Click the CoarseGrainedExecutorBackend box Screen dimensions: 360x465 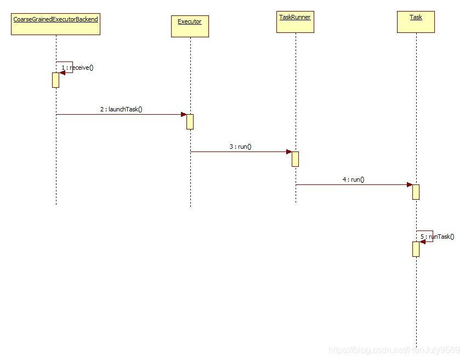55,25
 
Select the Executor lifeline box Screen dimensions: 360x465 190,26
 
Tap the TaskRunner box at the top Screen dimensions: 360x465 295,22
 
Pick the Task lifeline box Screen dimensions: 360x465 416,22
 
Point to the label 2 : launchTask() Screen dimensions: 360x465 121,109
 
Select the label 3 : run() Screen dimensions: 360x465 241,147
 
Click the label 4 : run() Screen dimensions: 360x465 354,179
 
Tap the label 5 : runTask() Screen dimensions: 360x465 438,237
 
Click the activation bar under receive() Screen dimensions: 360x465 55,80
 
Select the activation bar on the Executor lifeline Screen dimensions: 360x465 190,121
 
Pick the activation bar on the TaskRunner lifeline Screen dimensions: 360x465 295,159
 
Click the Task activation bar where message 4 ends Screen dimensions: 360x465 416,192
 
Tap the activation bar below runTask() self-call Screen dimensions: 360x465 416,249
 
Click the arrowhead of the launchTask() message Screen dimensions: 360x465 184,114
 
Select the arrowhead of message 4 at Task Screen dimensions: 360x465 409,184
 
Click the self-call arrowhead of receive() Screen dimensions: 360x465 62,73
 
